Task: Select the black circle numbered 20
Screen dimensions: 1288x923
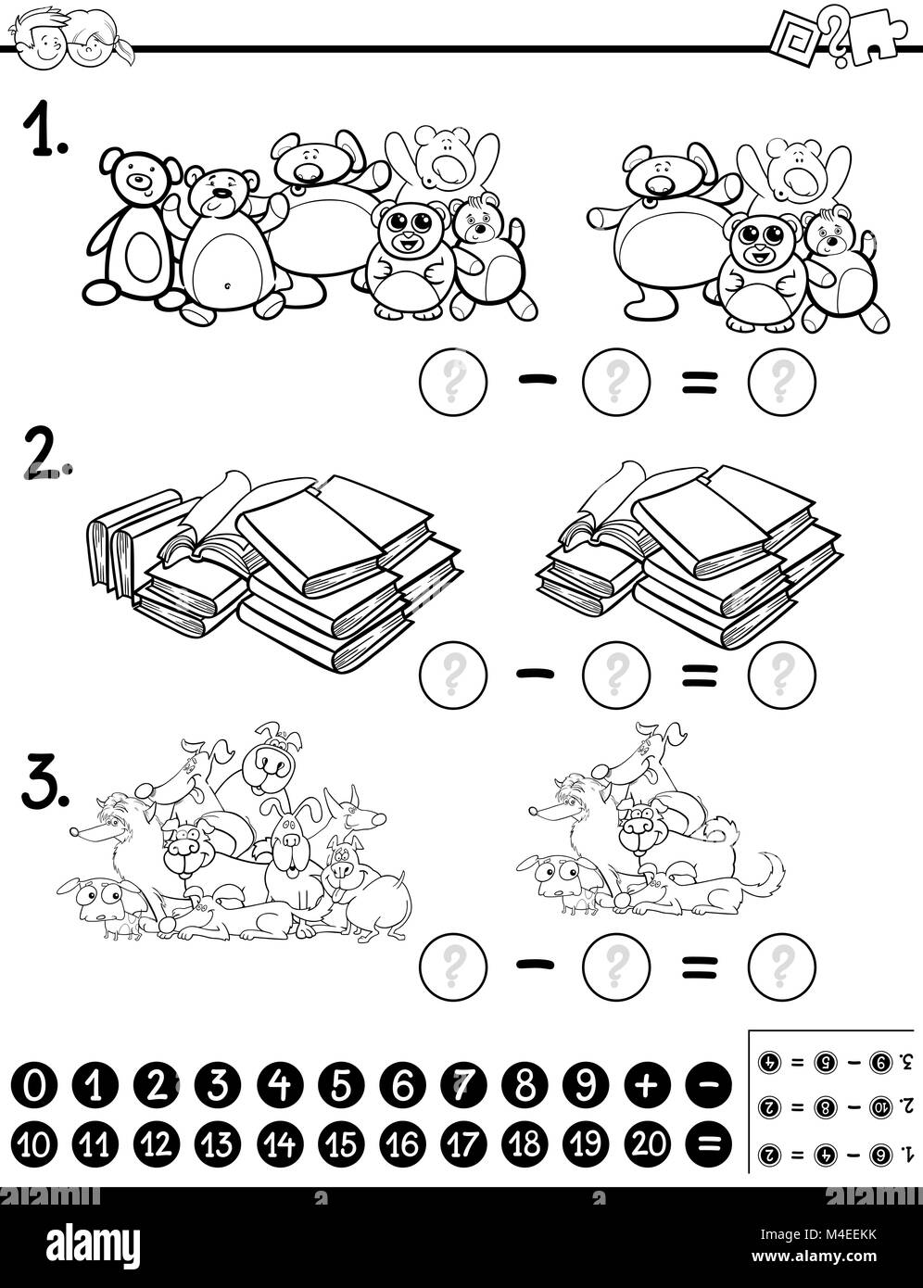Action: point(647,1144)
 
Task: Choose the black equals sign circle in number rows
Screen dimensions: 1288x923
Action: point(708,1144)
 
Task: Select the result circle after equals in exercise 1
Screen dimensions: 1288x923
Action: point(781,381)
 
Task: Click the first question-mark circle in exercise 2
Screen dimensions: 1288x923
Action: point(453,674)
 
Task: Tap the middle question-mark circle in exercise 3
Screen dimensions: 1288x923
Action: point(615,966)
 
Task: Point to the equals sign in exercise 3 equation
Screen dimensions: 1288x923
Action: point(699,966)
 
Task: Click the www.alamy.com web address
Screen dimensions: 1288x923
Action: point(833,1256)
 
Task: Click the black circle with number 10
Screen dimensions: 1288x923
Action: point(34,1144)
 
